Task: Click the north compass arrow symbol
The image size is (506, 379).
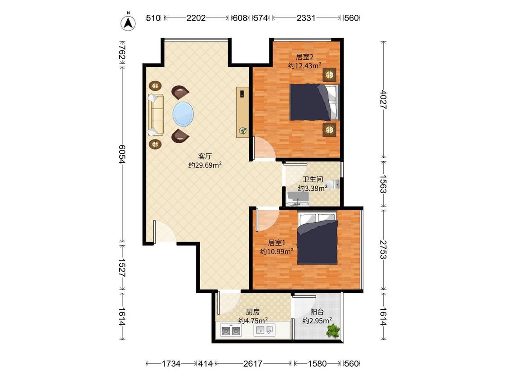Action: point(128,22)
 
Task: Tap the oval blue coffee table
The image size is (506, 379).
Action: point(184,114)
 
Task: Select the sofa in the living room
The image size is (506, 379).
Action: point(156,115)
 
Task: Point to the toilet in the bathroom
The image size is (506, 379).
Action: point(332,185)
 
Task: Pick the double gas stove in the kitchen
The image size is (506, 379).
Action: point(231,331)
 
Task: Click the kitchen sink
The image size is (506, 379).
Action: point(264,330)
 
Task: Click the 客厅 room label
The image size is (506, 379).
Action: point(205,156)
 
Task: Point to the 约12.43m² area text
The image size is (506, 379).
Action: point(304,66)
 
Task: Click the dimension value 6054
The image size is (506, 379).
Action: point(121,154)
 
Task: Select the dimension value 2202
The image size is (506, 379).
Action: point(196,18)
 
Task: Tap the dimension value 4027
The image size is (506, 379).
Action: point(383,99)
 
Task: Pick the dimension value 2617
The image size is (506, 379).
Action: point(253,364)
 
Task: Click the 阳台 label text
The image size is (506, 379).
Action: point(317,312)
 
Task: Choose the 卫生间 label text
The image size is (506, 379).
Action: point(313,180)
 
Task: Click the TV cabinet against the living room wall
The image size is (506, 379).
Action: point(242,112)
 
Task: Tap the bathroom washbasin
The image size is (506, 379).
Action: point(298,198)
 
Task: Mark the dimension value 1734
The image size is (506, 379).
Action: point(171,364)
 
